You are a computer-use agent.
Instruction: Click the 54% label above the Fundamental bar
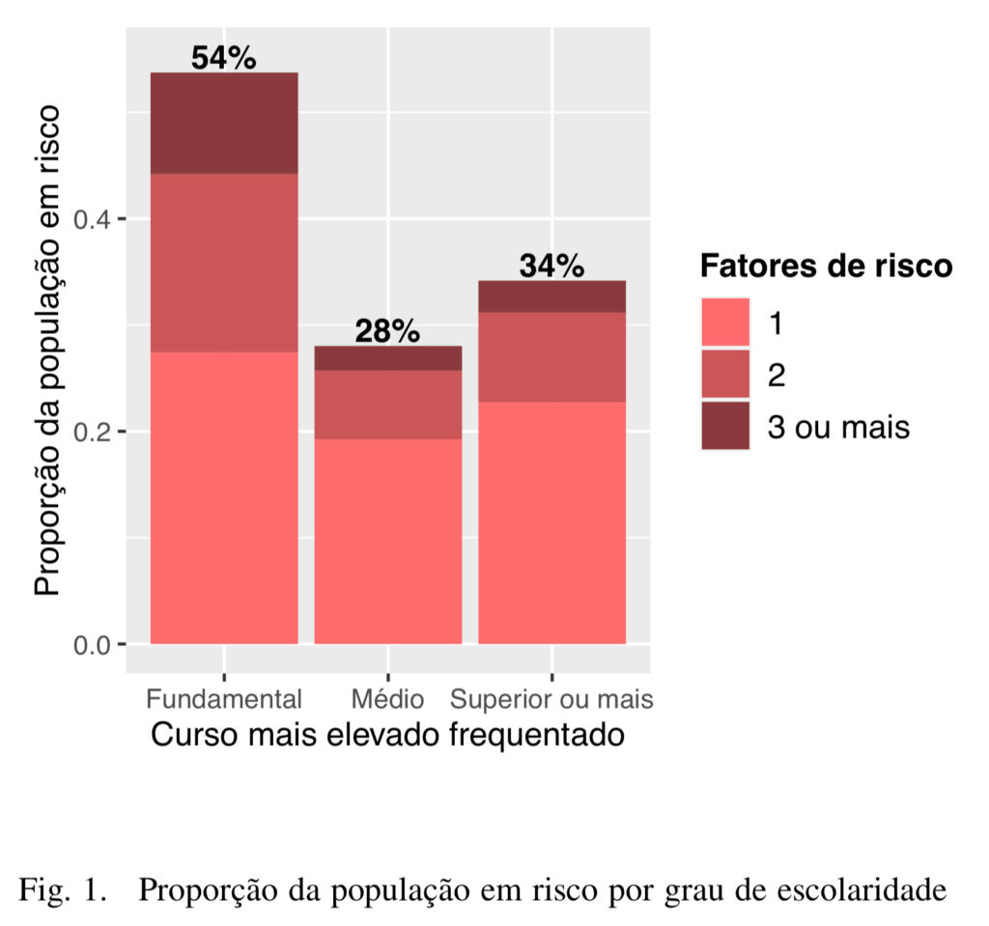coord(223,58)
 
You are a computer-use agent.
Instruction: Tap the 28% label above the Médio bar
coord(387,331)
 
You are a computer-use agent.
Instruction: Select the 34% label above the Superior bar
coord(551,266)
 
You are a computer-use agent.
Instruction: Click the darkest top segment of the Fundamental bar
coord(223,123)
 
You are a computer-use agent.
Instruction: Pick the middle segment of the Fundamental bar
coord(223,263)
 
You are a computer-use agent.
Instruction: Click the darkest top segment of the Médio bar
coord(387,357)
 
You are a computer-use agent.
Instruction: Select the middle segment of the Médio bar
coord(387,405)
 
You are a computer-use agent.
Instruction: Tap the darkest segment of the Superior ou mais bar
coord(551,296)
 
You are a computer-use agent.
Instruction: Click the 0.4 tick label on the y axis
coord(95,219)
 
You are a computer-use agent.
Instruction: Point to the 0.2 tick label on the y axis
coord(95,432)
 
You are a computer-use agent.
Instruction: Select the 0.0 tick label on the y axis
coord(95,644)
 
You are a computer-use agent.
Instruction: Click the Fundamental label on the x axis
coord(223,698)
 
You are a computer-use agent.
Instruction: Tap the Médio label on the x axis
coord(387,698)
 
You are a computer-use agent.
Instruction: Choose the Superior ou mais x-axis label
coord(552,698)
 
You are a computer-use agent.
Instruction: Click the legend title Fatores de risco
coord(826,266)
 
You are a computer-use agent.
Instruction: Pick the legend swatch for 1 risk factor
coord(725,323)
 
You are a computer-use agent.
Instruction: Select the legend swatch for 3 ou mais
coord(725,425)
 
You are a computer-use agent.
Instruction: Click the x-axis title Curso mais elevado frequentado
coord(387,735)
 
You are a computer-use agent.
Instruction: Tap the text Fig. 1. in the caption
coord(62,889)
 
